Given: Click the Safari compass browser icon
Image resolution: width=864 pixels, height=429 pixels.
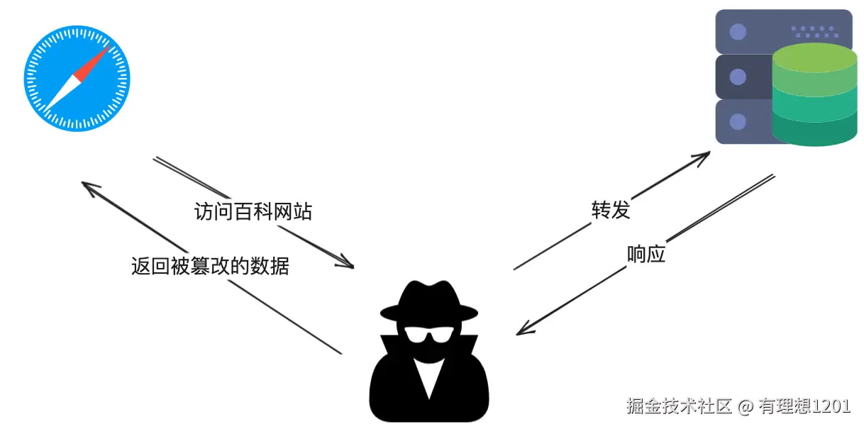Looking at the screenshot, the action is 77,79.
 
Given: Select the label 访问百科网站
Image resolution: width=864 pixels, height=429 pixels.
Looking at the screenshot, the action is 253,211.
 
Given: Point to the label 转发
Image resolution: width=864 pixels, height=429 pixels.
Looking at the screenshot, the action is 611,210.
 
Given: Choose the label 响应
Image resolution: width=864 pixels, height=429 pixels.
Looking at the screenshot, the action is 646,254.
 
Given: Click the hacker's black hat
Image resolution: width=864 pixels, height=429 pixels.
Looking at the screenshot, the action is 427,301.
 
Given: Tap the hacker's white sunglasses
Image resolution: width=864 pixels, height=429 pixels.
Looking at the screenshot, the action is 427,334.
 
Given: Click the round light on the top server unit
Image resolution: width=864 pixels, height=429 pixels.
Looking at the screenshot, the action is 738,32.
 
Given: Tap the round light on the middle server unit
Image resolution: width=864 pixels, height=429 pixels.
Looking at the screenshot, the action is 738,77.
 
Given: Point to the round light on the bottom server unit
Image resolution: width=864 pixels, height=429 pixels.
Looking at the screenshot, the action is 738,121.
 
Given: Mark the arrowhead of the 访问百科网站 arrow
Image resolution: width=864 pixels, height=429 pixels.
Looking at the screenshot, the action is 347,264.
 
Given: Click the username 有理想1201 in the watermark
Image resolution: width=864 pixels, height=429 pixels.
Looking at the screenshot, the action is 803,406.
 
